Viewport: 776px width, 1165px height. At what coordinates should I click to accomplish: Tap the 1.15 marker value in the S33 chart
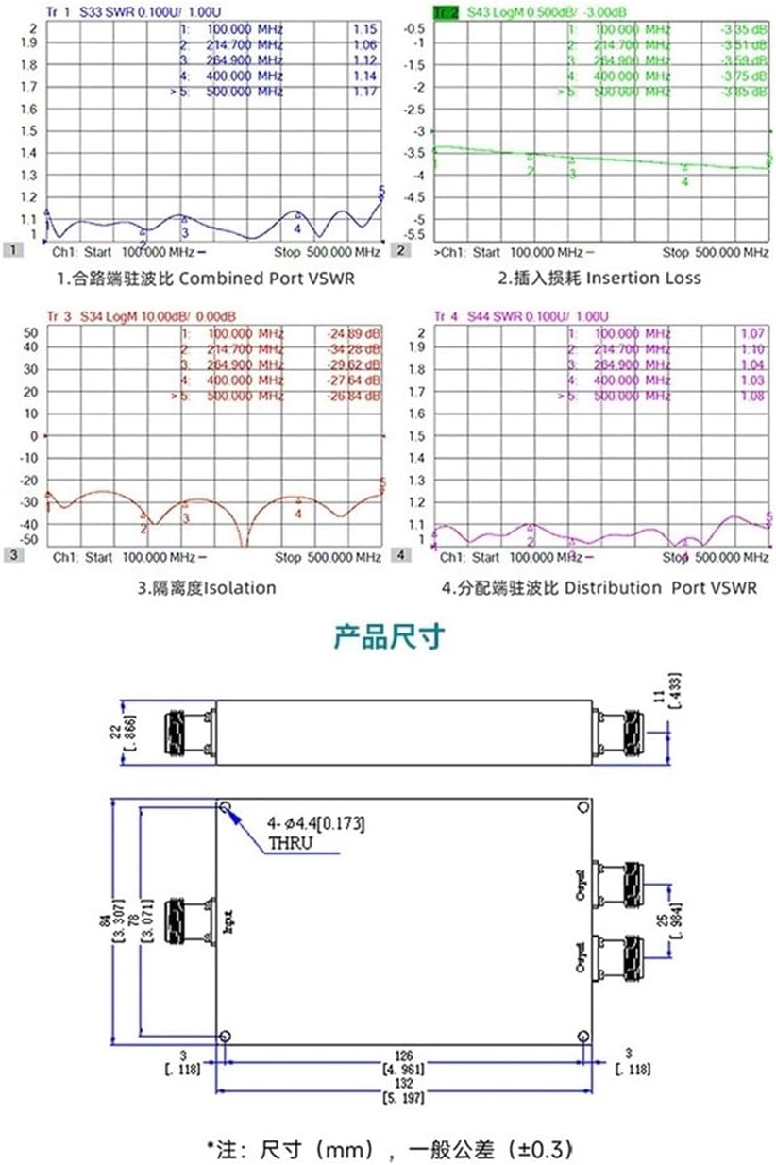pos(365,30)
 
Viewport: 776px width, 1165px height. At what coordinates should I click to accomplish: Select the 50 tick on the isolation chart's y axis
pos(29,332)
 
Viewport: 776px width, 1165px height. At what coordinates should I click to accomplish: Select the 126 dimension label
pos(403,1056)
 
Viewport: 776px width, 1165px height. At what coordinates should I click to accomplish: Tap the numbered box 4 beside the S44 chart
pos(401,555)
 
